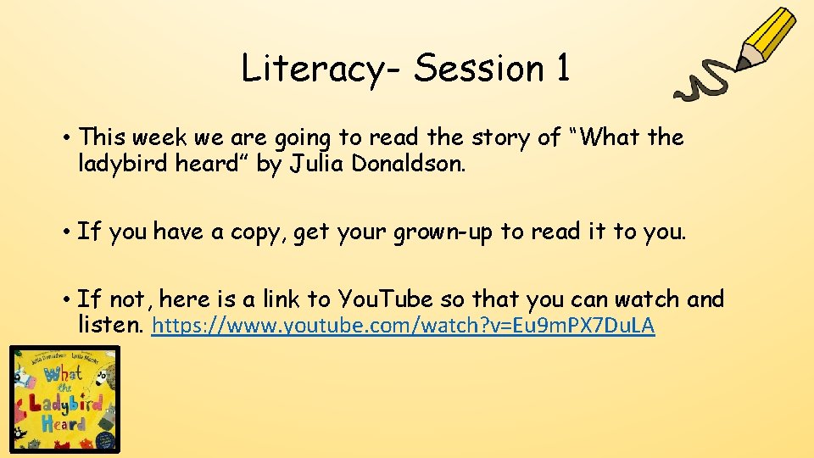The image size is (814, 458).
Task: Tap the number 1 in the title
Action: [x=561, y=68]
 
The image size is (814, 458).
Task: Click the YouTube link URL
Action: [x=403, y=326]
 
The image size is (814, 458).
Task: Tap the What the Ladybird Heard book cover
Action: [x=64, y=399]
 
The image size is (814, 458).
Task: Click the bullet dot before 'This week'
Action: [x=65, y=137]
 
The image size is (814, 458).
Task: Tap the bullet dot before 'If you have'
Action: [x=65, y=232]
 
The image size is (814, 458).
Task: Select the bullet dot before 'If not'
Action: [x=65, y=299]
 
